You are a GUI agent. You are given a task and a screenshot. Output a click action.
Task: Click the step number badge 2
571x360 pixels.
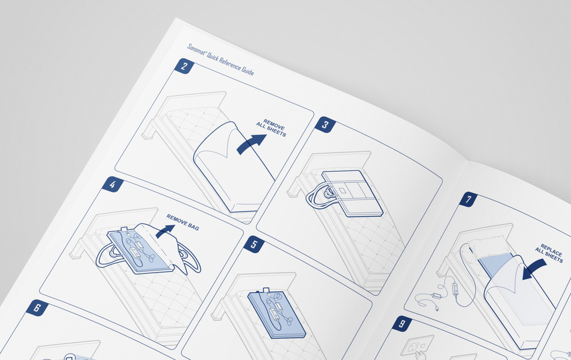click(x=184, y=66)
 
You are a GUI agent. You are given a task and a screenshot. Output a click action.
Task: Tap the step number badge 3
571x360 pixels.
click(x=325, y=125)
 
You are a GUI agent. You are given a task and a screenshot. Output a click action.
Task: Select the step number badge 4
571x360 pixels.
click(x=113, y=184)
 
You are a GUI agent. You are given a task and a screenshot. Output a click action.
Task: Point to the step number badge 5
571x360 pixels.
click(x=254, y=244)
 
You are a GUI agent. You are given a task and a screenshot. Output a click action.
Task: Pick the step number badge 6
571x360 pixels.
click(x=37, y=308)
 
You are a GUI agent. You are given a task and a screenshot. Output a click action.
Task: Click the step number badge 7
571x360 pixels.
click(x=468, y=199)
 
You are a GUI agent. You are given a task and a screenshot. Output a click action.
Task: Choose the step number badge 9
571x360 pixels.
click(x=402, y=324)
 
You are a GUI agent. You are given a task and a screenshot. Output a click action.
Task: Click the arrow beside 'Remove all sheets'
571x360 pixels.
click(x=251, y=144)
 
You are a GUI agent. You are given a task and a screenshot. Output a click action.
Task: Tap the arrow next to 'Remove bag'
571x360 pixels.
click(x=165, y=231)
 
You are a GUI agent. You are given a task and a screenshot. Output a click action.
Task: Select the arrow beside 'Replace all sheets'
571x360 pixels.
click(x=533, y=269)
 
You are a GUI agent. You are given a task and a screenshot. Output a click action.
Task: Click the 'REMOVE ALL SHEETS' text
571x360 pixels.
click(x=271, y=128)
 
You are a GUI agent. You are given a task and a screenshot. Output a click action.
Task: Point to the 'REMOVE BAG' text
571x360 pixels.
click(x=183, y=222)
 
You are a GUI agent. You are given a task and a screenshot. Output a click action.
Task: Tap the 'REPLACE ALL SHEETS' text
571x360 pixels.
click(x=549, y=253)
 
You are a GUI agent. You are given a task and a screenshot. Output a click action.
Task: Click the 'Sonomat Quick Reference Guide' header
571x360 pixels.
click(x=220, y=59)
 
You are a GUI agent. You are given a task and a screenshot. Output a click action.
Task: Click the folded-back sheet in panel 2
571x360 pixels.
click(x=233, y=166)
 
